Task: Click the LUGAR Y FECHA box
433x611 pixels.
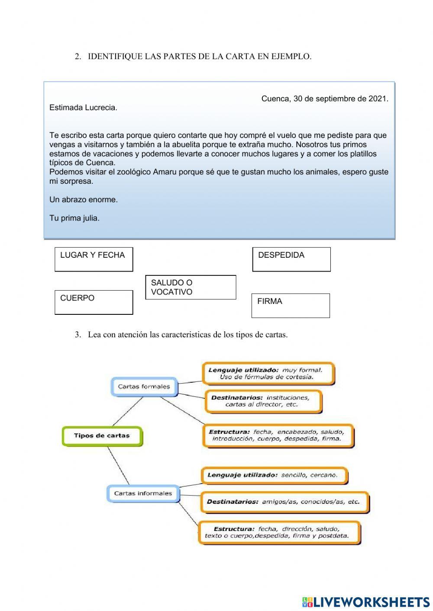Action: tap(94, 259)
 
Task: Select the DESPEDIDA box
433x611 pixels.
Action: tap(291, 259)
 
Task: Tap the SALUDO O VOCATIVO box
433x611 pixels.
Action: tap(191, 287)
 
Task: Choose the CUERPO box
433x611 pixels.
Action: tap(94, 302)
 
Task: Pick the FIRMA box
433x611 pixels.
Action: tap(291, 306)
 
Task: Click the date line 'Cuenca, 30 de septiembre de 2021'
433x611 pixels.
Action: tap(325, 99)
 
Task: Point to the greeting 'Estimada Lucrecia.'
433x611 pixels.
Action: tap(83, 108)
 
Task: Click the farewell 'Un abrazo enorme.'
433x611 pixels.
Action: tap(84, 200)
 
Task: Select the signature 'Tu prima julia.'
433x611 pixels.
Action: tap(74, 218)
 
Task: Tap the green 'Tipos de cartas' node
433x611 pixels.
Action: tap(102, 435)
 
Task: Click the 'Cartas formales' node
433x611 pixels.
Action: tap(144, 387)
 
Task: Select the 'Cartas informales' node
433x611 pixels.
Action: tap(143, 493)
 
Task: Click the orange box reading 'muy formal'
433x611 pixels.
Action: tap(268, 374)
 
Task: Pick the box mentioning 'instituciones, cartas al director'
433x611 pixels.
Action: tap(263, 401)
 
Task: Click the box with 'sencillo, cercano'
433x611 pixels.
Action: tap(274, 475)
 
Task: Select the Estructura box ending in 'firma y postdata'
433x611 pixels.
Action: tap(279, 532)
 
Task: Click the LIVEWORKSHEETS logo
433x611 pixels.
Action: tap(366, 602)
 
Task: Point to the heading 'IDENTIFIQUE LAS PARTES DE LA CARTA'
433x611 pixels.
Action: tap(199, 57)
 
